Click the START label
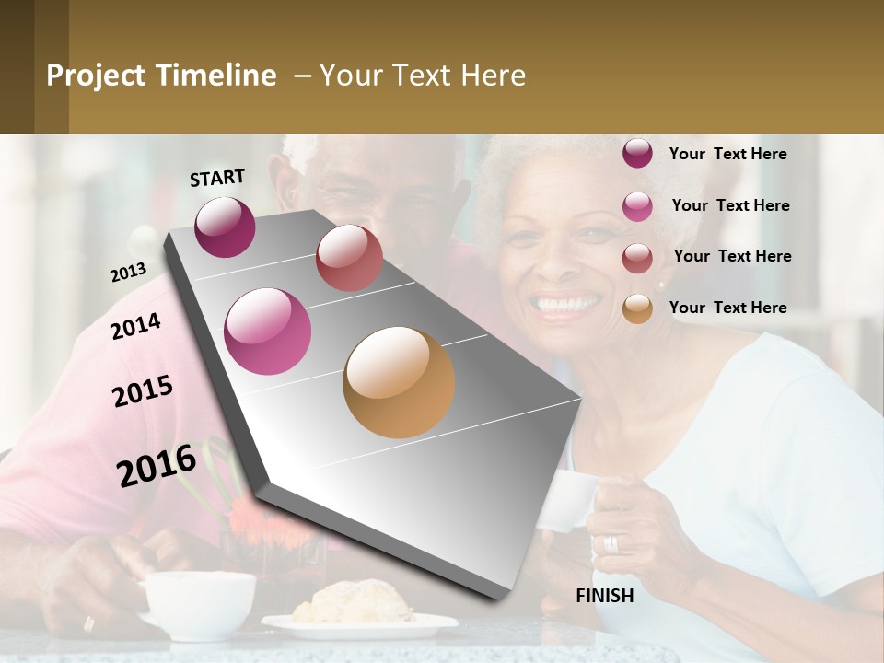coord(217,177)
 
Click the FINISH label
coord(605,596)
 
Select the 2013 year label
coord(128,273)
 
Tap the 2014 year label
coord(135,326)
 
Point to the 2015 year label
coord(143,391)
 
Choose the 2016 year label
coord(157,465)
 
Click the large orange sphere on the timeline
coord(399,382)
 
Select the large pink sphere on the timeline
coord(268,331)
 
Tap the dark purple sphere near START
coord(225,227)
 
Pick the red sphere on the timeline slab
coord(349,258)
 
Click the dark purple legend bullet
coord(637,153)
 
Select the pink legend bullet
coord(637,206)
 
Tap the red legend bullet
coord(637,258)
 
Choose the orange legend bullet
coord(637,308)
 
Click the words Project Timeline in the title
coord(161,76)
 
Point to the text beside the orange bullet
coord(727,308)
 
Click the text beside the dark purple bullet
coord(727,154)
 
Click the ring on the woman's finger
coord(611,543)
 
